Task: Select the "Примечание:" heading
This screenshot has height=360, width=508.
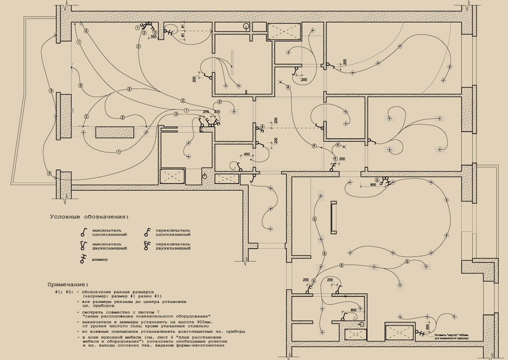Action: point(67,284)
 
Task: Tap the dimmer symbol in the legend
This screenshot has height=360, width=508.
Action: point(82,259)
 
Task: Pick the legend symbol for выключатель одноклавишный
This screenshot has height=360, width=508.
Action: point(83,232)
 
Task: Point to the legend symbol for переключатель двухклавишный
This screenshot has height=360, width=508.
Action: point(147,246)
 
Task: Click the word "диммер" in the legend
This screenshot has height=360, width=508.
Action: point(100,260)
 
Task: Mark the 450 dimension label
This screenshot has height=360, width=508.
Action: point(247,154)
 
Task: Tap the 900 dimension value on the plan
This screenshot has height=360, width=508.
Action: point(373,184)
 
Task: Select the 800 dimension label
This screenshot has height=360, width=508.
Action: point(353,310)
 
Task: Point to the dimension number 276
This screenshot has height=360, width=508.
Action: point(206,112)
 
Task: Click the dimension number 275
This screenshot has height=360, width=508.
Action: point(217,112)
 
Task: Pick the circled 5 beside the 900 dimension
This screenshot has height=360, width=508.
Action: point(360,183)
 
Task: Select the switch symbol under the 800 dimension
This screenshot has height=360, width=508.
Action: point(345,317)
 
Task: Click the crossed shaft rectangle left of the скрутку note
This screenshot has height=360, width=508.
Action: point(399,332)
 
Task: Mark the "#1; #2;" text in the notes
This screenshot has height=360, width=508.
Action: point(64,292)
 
